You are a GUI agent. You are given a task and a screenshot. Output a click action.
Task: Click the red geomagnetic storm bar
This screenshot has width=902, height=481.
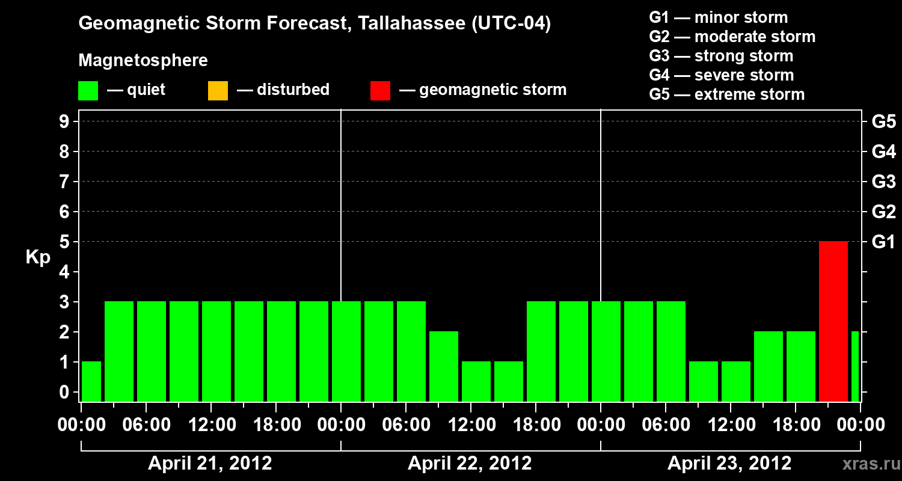(x=833, y=321)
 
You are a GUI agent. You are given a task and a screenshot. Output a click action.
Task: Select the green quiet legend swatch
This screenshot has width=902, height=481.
(x=88, y=91)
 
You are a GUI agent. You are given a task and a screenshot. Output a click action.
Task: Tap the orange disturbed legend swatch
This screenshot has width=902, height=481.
(x=218, y=91)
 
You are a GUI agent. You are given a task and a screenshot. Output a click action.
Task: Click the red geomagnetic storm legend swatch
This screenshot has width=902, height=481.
(x=380, y=91)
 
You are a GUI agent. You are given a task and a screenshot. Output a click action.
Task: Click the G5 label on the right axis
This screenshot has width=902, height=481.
(x=883, y=122)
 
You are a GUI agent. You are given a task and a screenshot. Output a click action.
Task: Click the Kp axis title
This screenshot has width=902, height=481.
(x=38, y=258)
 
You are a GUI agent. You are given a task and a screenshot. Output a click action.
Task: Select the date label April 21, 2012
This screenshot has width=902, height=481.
(x=210, y=464)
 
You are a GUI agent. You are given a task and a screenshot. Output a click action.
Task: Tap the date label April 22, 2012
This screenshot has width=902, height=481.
(x=470, y=464)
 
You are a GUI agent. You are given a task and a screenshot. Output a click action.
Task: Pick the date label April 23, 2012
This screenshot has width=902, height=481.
(x=729, y=464)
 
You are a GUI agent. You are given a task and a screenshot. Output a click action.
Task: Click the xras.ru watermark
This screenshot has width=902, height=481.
(x=867, y=464)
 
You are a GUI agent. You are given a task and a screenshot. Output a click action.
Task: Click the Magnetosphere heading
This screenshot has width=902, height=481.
(x=143, y=61)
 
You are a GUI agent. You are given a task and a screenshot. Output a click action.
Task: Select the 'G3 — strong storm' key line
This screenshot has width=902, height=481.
(x=721, y=56)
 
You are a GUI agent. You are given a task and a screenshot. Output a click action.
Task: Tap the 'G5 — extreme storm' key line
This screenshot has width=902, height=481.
(x=726, y=94)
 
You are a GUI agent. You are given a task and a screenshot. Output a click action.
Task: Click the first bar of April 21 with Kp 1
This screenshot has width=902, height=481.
(x=91, y=381)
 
